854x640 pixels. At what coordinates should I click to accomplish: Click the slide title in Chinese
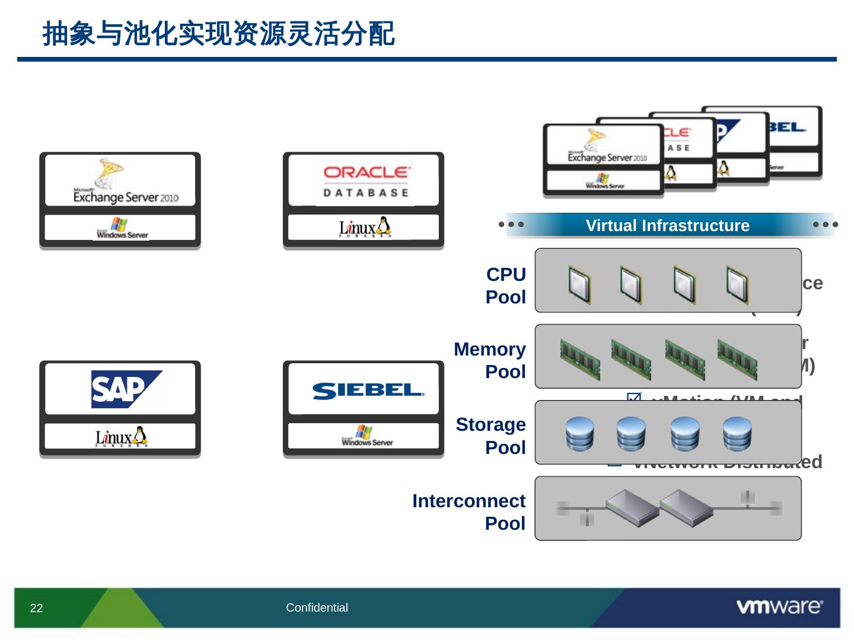coord(218,34)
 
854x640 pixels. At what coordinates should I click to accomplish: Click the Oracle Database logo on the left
coord(366,180)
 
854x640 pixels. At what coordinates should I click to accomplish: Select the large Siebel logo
coord(368,391)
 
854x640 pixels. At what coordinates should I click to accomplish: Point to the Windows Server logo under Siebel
coord(367,436)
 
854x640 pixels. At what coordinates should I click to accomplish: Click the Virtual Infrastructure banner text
coord(667,226)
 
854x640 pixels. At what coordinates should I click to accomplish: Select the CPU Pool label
coord(505,286)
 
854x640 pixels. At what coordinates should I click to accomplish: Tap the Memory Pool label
coord(490,360)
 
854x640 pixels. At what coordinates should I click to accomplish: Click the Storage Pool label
coord(491,436)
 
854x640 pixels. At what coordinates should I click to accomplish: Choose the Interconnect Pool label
coord(469,512)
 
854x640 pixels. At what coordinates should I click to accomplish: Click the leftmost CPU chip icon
coord(579,285)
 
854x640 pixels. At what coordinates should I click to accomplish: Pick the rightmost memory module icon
coord(737,359)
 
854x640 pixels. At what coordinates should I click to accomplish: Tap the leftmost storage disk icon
coord(579,434)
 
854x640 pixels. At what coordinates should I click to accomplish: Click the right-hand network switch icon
coord(686,508)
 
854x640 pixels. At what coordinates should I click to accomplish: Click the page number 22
coord(36,608)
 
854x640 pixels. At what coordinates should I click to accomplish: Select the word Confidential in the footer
coord(317,607)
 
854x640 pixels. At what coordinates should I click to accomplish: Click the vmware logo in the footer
coord(779,607)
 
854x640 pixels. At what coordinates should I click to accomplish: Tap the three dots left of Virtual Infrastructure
coord(511,225)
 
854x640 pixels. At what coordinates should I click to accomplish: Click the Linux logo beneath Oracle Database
coord(365,227)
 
